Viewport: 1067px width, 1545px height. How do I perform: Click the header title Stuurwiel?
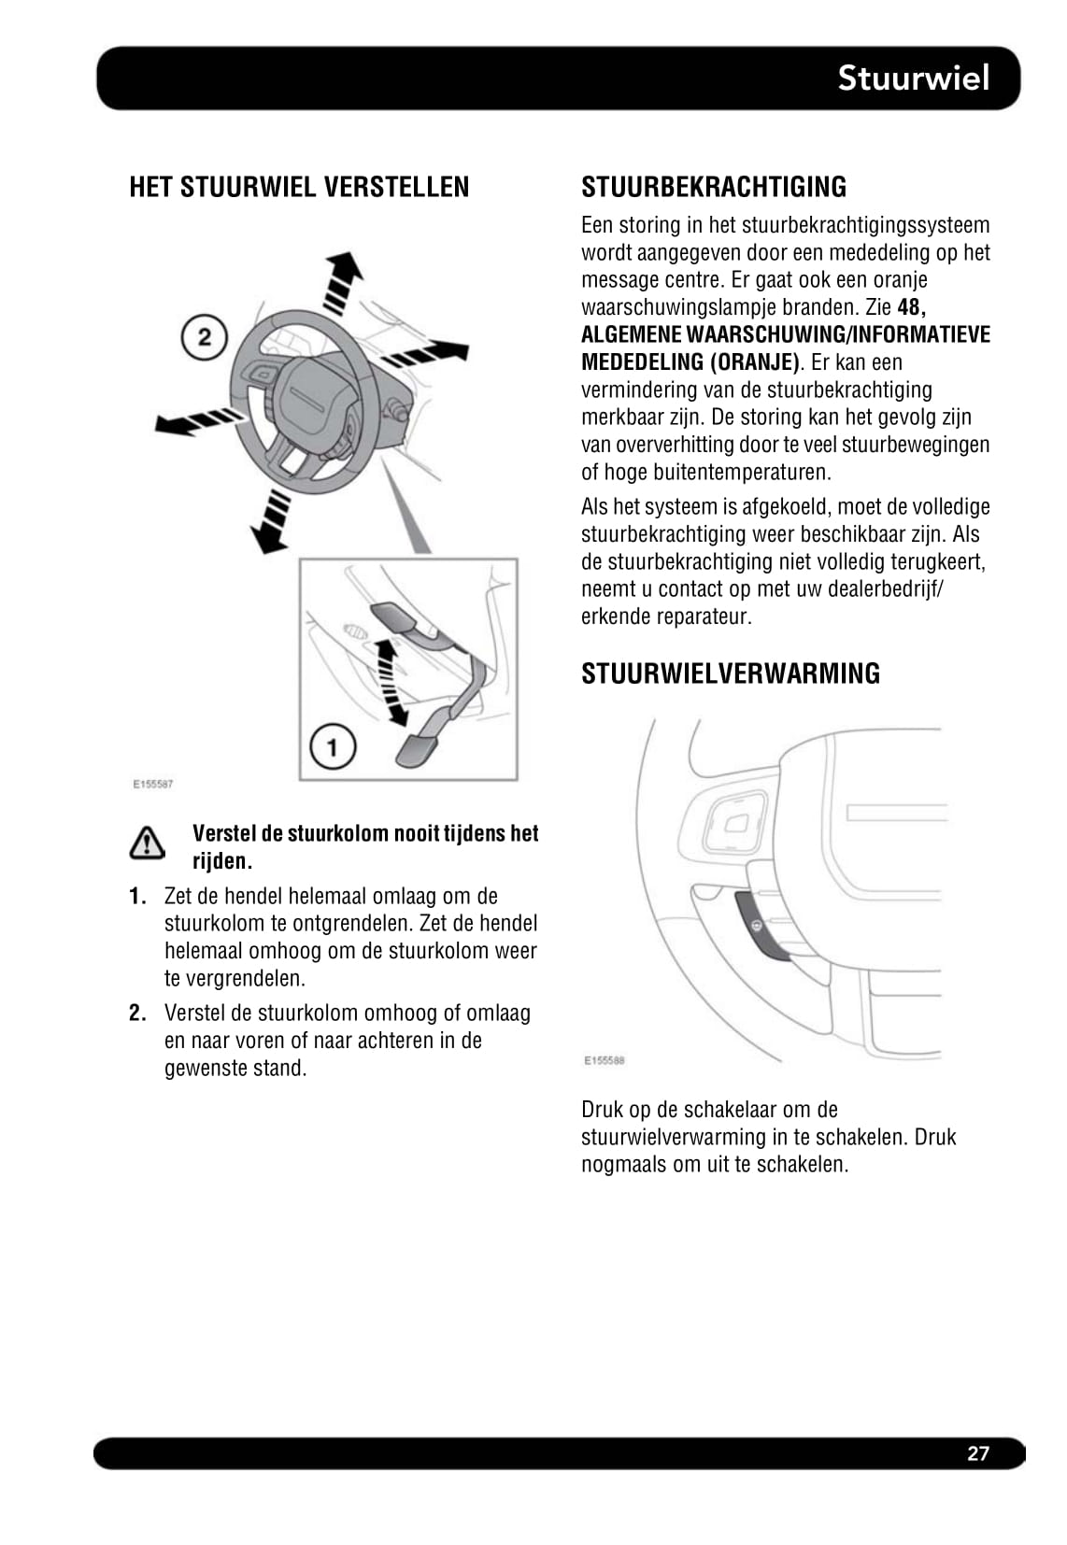click(913, 78)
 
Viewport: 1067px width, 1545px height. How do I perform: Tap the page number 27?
click(977, 1453)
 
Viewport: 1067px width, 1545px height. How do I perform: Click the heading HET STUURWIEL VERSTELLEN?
click(299, 187)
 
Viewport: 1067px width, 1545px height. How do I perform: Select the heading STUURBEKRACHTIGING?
click(714, 187)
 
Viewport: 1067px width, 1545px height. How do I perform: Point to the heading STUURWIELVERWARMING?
click(730, 673)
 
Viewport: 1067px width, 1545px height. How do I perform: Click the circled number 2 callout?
click(205, 336)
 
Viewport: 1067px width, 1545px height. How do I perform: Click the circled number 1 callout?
click(332, 746)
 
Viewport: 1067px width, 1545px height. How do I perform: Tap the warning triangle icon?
click(148, 843)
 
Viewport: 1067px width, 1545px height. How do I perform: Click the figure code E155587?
click(152, 785)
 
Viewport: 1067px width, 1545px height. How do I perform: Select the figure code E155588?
click(604, 1060)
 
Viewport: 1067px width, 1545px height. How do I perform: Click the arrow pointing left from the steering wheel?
click(193, 422)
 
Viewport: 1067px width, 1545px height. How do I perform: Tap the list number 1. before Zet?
click(137, 897)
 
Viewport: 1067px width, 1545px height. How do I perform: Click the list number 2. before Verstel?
click(137, 1013)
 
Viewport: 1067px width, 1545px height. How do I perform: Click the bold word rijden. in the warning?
click(222, 861)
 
